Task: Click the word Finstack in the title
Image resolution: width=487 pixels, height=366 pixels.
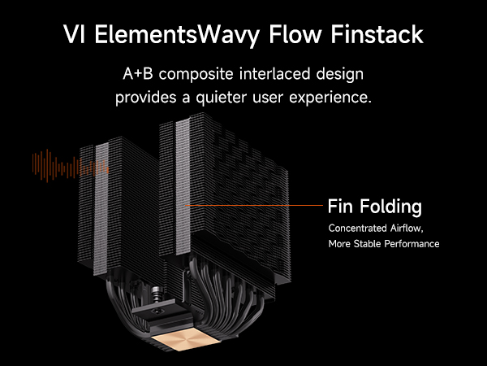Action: (x=377, y=34)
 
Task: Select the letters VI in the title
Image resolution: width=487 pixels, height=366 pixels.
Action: (x=74, y=34)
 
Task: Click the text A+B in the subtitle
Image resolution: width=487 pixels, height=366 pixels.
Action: (x=138, y=74)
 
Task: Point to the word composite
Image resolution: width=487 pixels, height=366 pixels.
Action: (x=196, y=75)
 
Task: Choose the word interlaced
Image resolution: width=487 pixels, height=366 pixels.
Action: (x=274, y=74)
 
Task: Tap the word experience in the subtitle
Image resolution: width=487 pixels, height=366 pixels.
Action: (x=330, y=98)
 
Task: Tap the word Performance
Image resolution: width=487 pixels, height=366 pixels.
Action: (x=412, y=244)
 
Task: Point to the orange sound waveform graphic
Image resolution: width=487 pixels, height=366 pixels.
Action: (x=71, y=166)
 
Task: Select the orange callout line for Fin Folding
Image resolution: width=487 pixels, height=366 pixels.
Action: (x=254, y=206)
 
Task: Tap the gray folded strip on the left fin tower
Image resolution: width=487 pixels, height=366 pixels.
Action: (x=101, y=207)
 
